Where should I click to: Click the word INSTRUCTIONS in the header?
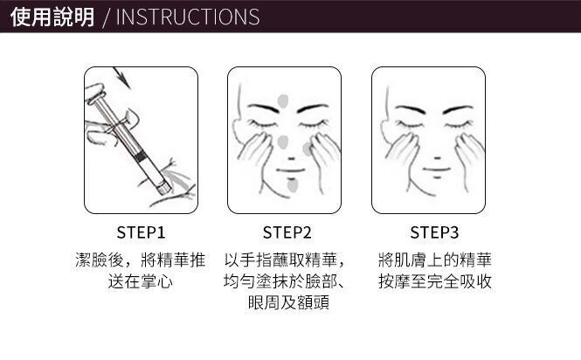click(188, 17)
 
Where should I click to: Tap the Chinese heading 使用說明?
click(52, 17)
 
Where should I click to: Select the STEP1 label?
click(141, 232)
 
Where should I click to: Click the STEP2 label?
click(287, 232)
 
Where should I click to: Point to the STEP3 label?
click(434, 232)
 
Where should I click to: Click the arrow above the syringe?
click(122, 77)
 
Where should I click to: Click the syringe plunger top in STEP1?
click(94, 93)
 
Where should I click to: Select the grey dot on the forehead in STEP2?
click(283, 100)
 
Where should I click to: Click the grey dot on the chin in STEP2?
click(293, 186)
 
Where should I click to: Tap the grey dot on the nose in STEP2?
click(283, 142)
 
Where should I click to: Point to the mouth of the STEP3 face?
click(437, 170)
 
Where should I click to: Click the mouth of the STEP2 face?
click(290, 171)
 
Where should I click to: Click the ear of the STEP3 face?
click(385, 132)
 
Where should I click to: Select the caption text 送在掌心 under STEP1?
click(141, 281)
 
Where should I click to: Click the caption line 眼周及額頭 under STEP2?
click(288, 302)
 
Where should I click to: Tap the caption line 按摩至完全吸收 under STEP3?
click(434, 281)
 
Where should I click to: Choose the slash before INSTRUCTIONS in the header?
click(107, 17)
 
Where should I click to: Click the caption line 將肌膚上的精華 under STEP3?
click(434, 260)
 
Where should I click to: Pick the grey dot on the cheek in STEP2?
click(308, 149)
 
